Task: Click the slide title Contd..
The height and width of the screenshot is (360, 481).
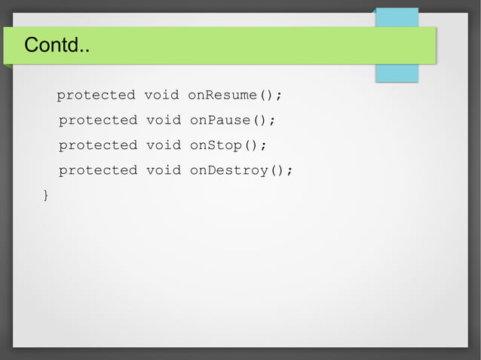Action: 57,46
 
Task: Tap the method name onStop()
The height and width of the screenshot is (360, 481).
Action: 224,145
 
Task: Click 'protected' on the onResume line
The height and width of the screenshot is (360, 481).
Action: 96,96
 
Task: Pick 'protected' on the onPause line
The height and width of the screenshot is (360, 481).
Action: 98,121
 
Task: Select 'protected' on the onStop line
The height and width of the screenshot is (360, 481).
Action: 98,145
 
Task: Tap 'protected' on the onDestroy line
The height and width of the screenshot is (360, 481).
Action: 98,170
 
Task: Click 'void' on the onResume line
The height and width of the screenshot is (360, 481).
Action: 161,96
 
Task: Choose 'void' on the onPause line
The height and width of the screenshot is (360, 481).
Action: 164,121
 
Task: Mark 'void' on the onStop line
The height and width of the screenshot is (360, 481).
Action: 164,145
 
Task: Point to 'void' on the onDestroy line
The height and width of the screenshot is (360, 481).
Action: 164,170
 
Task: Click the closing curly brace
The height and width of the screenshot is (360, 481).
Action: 46,196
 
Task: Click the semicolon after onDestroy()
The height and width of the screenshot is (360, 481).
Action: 290,171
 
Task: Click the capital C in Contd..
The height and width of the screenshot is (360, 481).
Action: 31,46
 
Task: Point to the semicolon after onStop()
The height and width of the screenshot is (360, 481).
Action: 264,146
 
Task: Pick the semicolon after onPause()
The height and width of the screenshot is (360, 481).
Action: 272,121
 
